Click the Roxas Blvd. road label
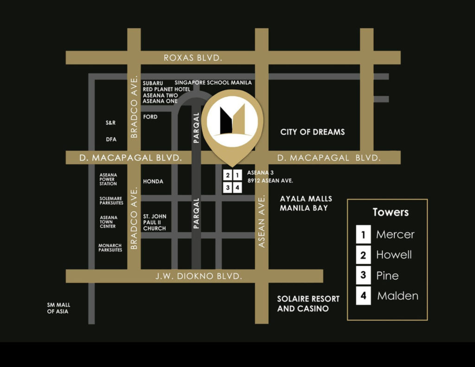pos(193,58)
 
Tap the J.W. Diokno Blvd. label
pos(199,276)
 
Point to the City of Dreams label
pos(312,132)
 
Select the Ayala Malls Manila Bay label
pos(306,203)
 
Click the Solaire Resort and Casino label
pos(308,304)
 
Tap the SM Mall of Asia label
pos(58,308)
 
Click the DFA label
pos(111,139)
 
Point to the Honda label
pos(153,181)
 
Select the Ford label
pos(150,117)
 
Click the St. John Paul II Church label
pos(154,222)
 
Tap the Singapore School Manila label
pos(213,82)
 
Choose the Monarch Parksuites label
pos(110,248)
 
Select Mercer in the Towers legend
pos(395,234)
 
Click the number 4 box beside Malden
pos(363,296)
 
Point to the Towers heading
pos(391,212)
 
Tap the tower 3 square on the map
pos(228,188)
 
